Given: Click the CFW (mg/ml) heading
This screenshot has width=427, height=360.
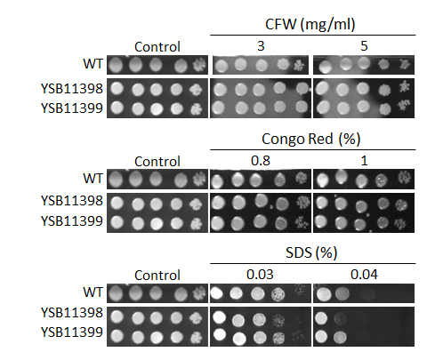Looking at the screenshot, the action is (310, 25).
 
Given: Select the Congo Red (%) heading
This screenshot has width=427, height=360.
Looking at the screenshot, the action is (311, 139).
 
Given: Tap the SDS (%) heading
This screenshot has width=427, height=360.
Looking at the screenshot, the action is (311, 252).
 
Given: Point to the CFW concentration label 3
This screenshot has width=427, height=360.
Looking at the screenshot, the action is (261, 46).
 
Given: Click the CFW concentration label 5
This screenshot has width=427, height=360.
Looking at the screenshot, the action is (364, 46).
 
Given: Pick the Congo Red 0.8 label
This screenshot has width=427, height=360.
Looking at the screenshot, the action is (261, 161).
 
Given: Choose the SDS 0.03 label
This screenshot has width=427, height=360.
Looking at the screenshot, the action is (260, 275).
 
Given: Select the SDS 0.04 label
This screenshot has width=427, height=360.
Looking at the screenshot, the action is (364, 275).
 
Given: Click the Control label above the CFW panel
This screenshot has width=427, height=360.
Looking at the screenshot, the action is (157, 47).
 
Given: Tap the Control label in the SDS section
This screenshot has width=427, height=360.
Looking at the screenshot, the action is (157, 276).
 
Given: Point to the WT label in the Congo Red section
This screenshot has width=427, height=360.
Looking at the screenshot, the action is (93, 179).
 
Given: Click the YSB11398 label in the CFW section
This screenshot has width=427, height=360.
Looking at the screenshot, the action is (72, 89).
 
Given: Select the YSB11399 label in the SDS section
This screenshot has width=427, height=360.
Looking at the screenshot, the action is (72, 332).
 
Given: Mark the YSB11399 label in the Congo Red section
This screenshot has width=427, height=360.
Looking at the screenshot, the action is (72, 221).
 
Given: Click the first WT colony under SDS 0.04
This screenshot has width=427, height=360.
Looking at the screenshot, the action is (324, 294).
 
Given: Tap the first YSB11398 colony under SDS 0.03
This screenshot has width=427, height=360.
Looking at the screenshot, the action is (219, 317).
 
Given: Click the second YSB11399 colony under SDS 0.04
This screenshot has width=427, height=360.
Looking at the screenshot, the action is (341, 337).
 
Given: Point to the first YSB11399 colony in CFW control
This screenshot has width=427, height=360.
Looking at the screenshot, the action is (117, 108).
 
